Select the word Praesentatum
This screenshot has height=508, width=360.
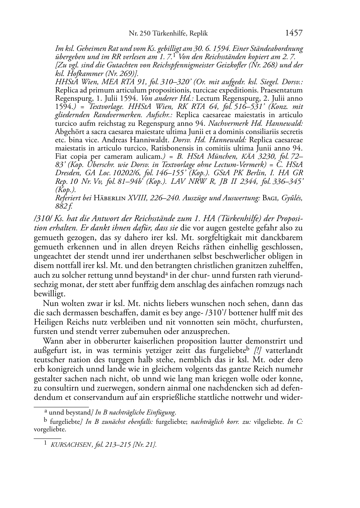pos(282,90)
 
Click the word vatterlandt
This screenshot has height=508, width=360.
pos(285,350)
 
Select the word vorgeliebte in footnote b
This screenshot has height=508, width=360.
pos(49,429)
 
